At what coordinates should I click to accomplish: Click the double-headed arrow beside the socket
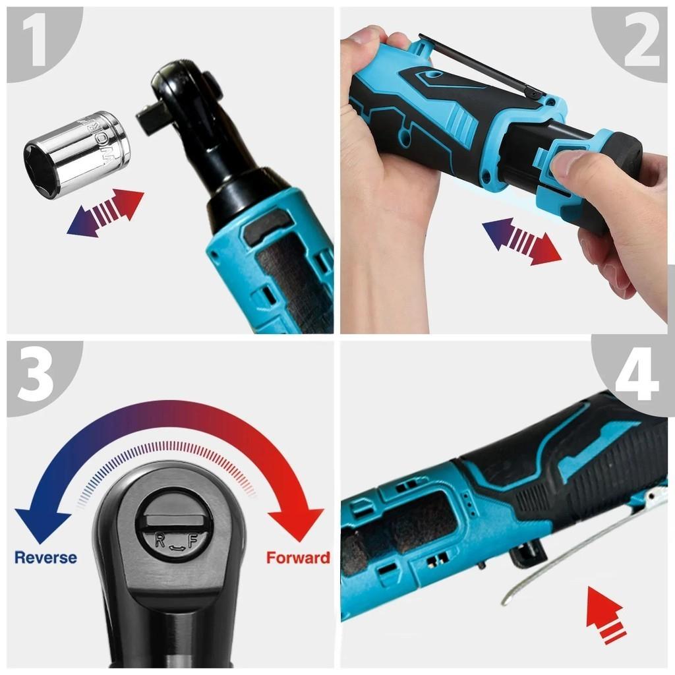[x=105, y=212]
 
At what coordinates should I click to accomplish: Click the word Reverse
[x=45, y=558]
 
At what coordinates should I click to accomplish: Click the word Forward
[x=298, y=558]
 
